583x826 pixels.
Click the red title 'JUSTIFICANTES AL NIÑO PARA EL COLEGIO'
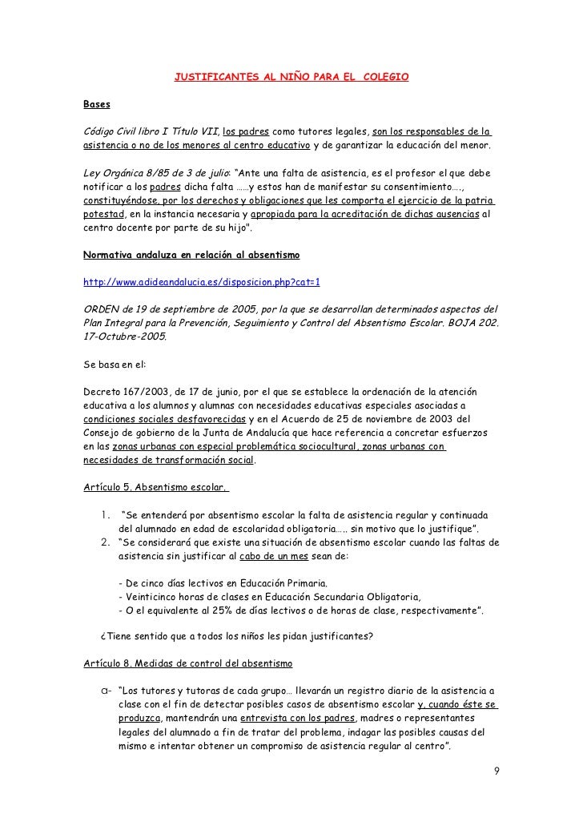coord(291,78)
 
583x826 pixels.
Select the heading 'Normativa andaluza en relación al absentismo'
coord(191,256)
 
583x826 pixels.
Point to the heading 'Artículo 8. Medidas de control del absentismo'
coord(188,664)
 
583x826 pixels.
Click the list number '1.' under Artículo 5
coord(106,514)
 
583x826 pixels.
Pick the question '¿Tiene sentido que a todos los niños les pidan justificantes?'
coord(235,638)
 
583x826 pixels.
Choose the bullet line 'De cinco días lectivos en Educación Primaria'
coord(222,582)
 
